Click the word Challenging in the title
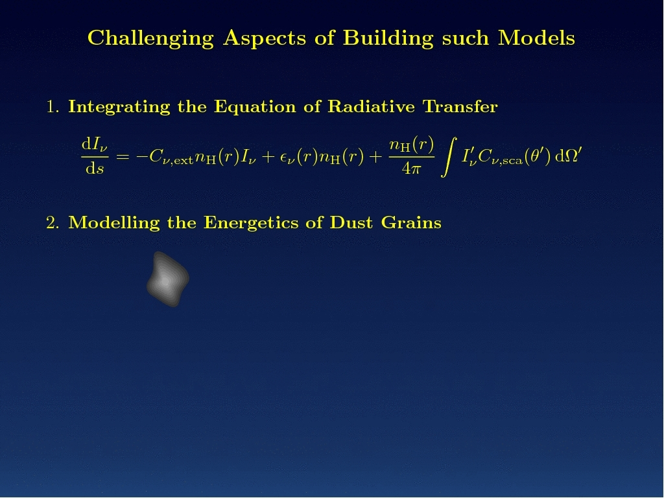[x=150, y=38]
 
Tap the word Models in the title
[x=536, y=38]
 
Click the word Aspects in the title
[x=265, y=38]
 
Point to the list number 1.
[x=53, y=107]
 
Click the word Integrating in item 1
[x=119, y=107]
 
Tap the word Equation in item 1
[x=255, y=107]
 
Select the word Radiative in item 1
[x=372, y=106]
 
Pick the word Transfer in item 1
[x=460, y=106]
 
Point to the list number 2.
[x=53, y=223]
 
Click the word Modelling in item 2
[x=114, y=223]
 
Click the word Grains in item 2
[x=411, y=222]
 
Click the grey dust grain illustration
[x=168, y=279]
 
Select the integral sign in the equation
[x=449, y=156]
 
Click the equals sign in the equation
[x=123, y=157]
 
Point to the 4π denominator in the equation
[x=412, y=169]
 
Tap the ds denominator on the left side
[x=95, y=169]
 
